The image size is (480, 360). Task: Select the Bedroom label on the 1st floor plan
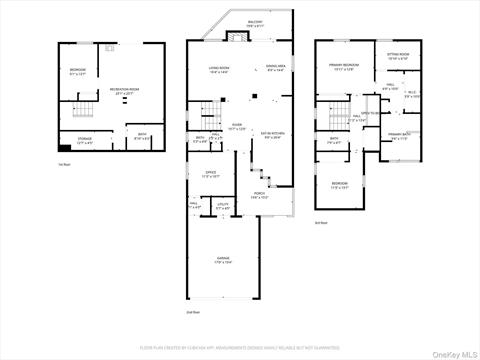77,70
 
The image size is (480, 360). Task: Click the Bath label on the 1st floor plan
142,138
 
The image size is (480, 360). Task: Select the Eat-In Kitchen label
273,136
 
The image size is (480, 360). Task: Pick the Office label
211,174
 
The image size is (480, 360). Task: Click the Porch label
261,196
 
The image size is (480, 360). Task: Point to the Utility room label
222,207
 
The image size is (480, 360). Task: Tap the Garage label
224,261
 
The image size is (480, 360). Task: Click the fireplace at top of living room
236,37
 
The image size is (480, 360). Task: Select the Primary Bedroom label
342,66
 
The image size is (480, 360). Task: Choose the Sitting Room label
397,58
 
